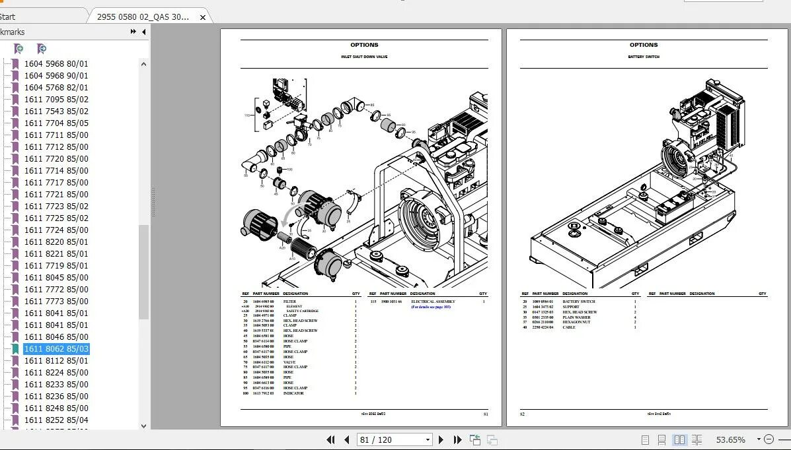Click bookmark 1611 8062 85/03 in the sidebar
tap(56, 349)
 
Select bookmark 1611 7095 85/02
tap(56, 100)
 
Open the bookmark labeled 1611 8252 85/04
tap(56, 420)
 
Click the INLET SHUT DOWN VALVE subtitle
tap(364, 57)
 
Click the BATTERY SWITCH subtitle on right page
tap(643, 57)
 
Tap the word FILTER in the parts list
tap(289, 302)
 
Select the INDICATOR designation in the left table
tap(293, 393)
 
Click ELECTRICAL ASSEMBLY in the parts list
tap(433, 302)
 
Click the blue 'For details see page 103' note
tap(430, 307)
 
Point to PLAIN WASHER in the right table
tap(576, 317)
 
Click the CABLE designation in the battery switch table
tap(570, 327)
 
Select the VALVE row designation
tap(289, 362)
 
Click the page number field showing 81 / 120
tap(390, 439)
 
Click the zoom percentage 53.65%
tap(730, 439)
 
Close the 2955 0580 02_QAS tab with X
tap(203, 17)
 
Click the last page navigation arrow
tap(457, 439)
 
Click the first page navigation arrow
tap(331, 439)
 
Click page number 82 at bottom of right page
tap(522, 414)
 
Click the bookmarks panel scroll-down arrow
tap(144, 426)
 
